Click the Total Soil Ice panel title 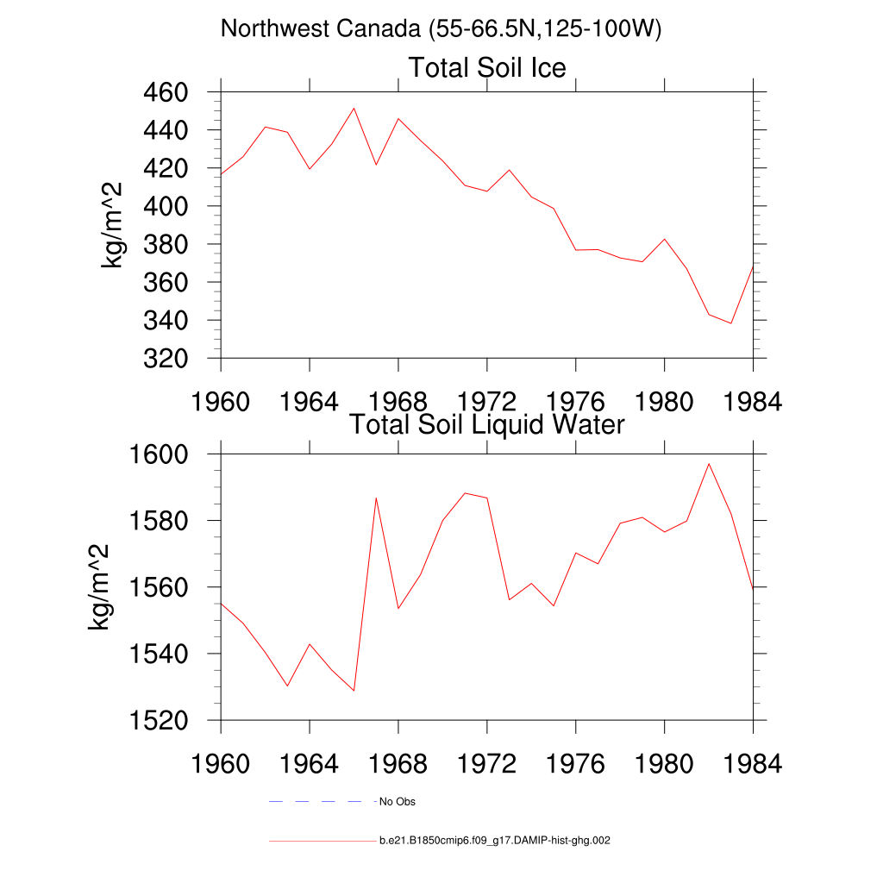pos(487,67)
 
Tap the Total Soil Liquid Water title pos(487,424)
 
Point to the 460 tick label pos(166,92)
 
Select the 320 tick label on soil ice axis pos(166,359)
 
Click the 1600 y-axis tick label pos(159,454)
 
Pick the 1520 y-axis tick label pos(159,721)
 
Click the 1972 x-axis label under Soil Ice pos(486,402)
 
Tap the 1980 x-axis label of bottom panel pos(664,764)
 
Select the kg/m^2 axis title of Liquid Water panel pos(98,587)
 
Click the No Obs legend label pos(397,801)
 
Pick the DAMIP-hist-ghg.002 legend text pos(494,840)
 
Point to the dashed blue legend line pos(323,801)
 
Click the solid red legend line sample pos(323,841)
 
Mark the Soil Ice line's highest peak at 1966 pos(354,108)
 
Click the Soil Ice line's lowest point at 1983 pos(731,323)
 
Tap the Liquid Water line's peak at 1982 pos(709,464)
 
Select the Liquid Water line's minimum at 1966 pos(354,691)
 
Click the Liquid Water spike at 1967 pos(376,498)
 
